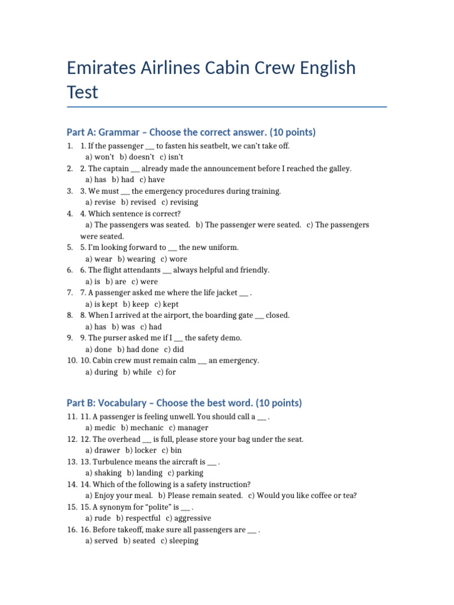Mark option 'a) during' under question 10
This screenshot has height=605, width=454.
(x=102, y=372)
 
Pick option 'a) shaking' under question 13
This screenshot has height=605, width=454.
(x=103, y=473)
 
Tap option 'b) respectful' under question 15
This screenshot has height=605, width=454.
(x=138, y=518)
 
